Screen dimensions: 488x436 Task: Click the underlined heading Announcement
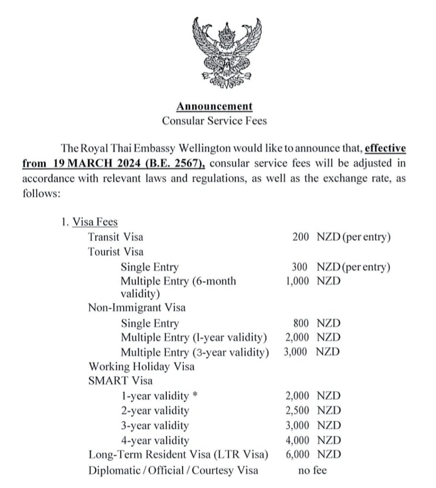click(215, 106)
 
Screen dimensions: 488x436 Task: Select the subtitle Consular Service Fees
click(215, 120)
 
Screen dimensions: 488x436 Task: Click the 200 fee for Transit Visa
click(301, 237)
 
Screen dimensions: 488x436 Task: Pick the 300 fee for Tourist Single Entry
click(301, 267)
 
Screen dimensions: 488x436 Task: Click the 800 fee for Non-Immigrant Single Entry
click(301, 324)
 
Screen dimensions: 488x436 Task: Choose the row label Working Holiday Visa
click(141, 366)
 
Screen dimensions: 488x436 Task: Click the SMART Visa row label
click(121, 380)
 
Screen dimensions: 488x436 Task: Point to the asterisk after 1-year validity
click(195, 396)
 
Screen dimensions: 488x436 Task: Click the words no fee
click(312, 470)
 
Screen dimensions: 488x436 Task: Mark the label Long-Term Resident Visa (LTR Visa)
click(179, 455)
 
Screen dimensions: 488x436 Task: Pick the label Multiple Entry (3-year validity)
click(195, 352)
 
